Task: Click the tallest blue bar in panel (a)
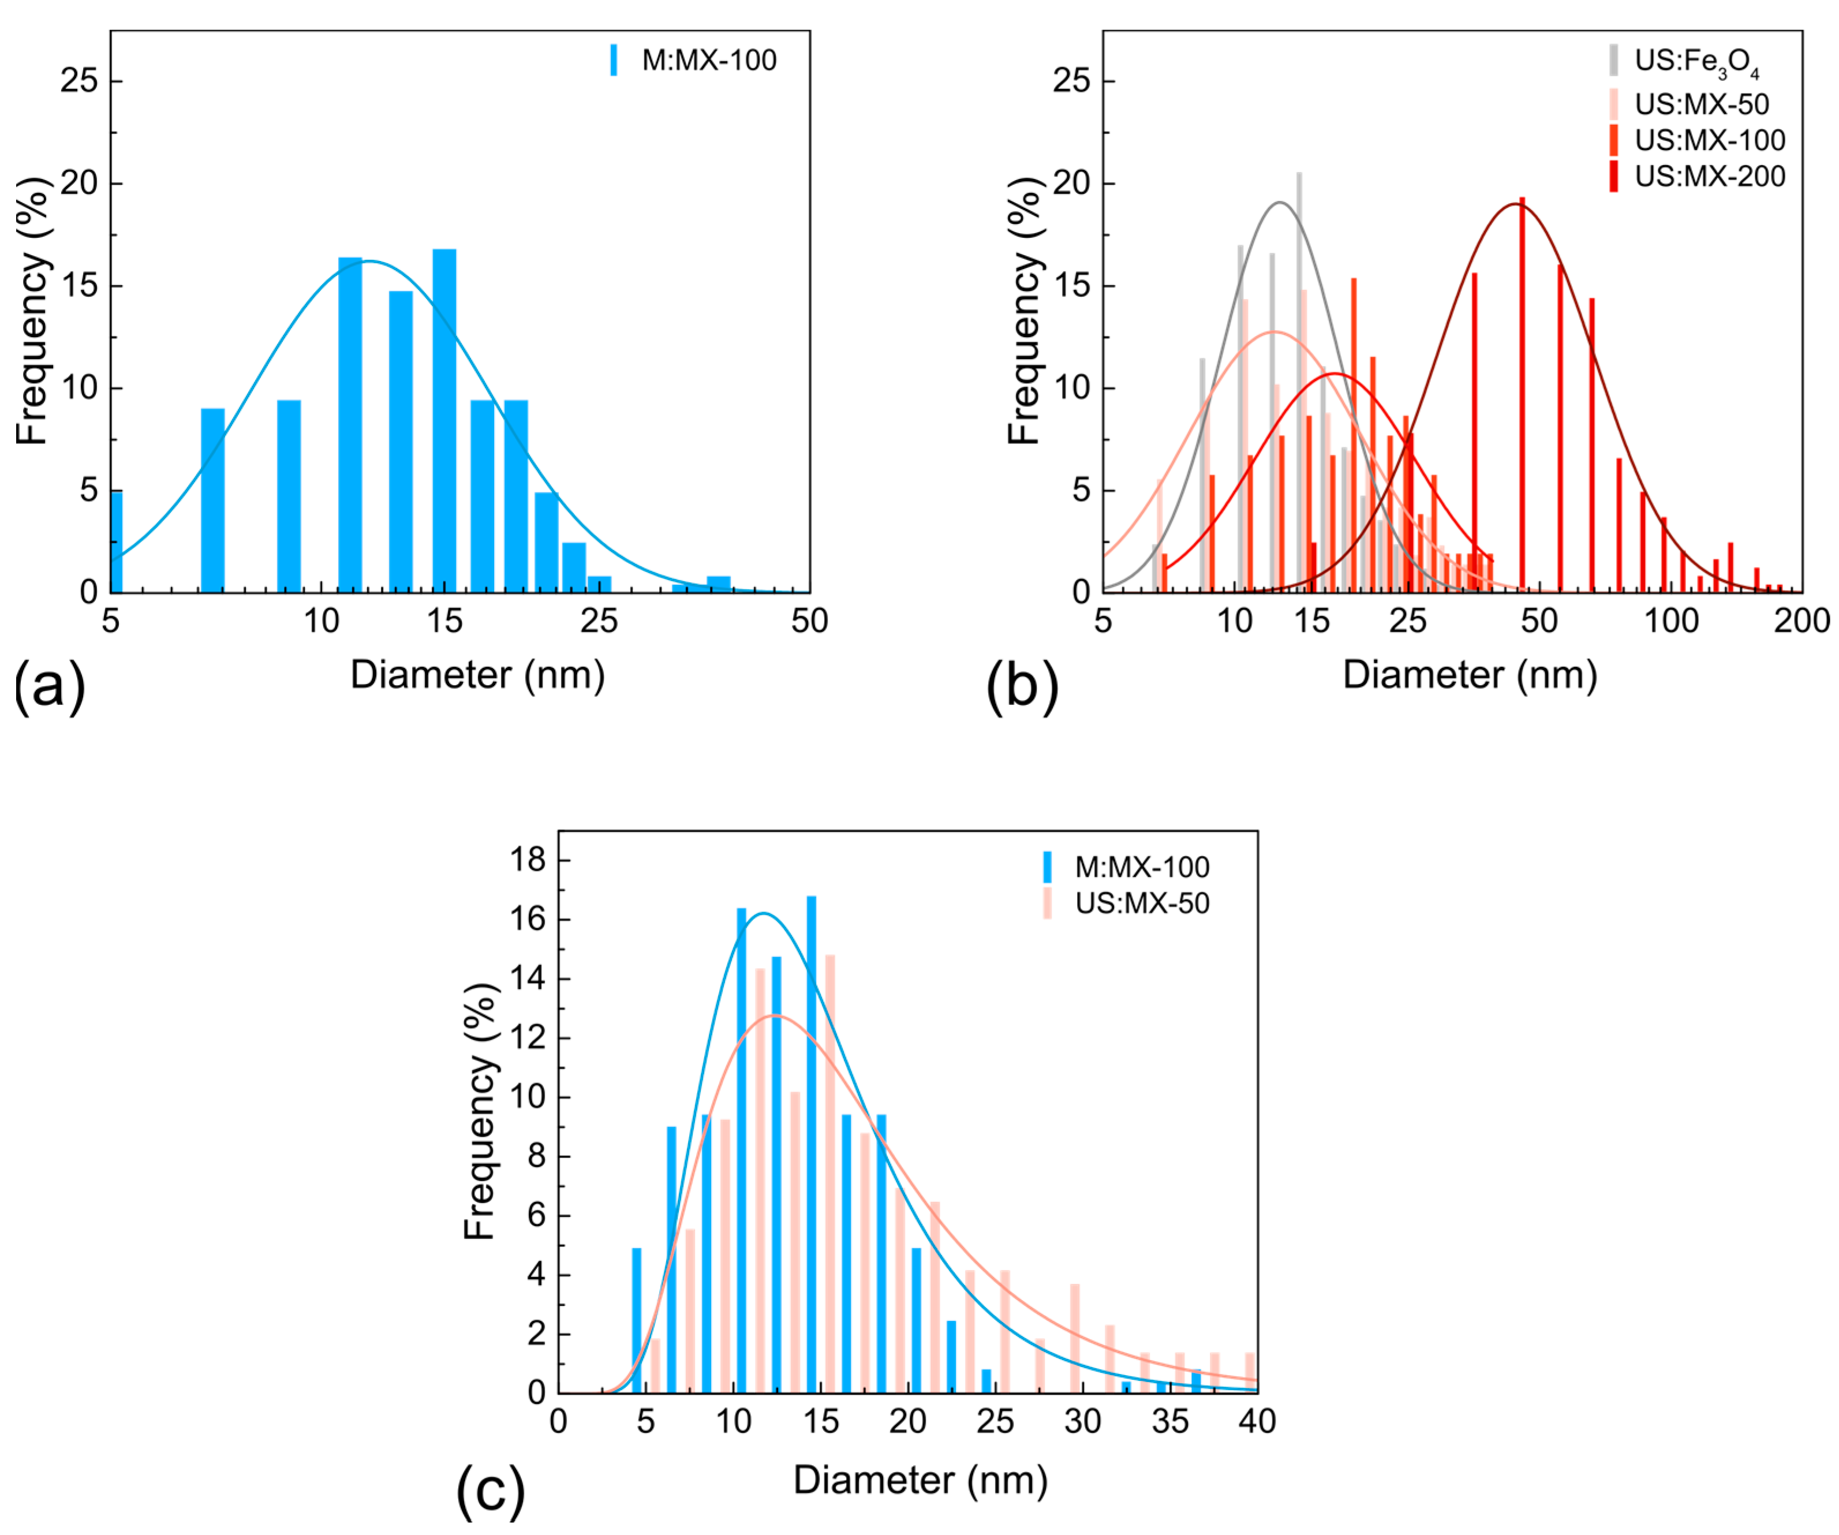pos(444,420)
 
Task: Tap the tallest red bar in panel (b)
pos(1522,394)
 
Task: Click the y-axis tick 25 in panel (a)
pos(79,81)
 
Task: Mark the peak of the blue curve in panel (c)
pos(764,913)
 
